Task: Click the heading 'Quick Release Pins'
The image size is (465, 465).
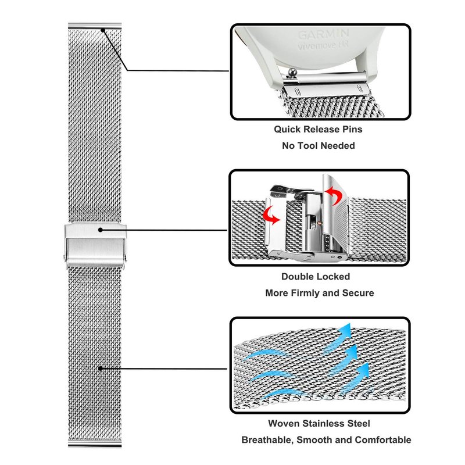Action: point(317,129)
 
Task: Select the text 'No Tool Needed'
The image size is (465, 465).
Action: point(318,145)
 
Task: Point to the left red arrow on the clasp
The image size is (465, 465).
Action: point(271,216)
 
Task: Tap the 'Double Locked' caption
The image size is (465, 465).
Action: point(316,277)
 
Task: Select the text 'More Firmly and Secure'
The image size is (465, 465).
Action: point(319,293)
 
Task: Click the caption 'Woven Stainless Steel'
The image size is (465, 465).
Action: point(319,424)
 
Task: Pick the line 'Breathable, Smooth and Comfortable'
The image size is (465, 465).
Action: point(326,440)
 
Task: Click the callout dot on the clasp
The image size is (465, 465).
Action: point(100,230)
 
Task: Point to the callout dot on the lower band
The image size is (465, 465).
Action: point(100,368)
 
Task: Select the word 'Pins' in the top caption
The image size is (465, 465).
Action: point(350,129)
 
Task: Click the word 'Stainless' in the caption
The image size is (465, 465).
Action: point(324,424)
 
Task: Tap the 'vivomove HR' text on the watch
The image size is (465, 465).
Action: point(323,46)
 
